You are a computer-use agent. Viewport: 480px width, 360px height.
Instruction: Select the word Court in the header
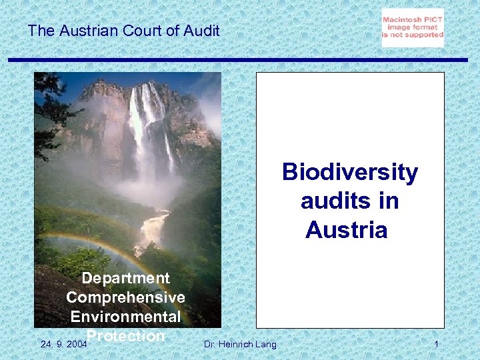tap(141, 31)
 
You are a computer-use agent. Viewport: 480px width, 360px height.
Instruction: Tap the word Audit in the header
tap(201, 31)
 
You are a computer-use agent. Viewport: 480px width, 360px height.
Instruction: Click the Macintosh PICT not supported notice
tap(413, 27)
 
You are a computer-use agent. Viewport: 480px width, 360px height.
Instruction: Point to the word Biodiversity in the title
tap(350, 172)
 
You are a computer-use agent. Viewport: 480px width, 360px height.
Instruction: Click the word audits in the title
tap(349, 201)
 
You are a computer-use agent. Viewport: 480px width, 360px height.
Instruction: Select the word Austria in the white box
tap(346, 230)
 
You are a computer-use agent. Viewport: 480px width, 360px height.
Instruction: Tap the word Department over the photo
tap(125, 278)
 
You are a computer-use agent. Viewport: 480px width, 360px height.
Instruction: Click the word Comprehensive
tap(125, 297)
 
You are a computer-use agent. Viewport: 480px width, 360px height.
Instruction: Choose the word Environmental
tap(125, 316)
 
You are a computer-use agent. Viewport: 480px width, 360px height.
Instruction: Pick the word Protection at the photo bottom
tap(126, 335)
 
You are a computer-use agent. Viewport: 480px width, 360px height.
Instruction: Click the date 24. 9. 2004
tap(63, 344)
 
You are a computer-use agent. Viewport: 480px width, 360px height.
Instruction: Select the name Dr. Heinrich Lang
tap(239, 344)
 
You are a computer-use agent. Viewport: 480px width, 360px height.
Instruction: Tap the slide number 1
tap(435, 344)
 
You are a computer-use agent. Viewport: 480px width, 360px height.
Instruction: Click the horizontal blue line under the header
tap(240, 59)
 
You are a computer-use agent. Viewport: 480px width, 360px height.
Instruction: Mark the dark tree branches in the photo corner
tap(50, 107)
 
